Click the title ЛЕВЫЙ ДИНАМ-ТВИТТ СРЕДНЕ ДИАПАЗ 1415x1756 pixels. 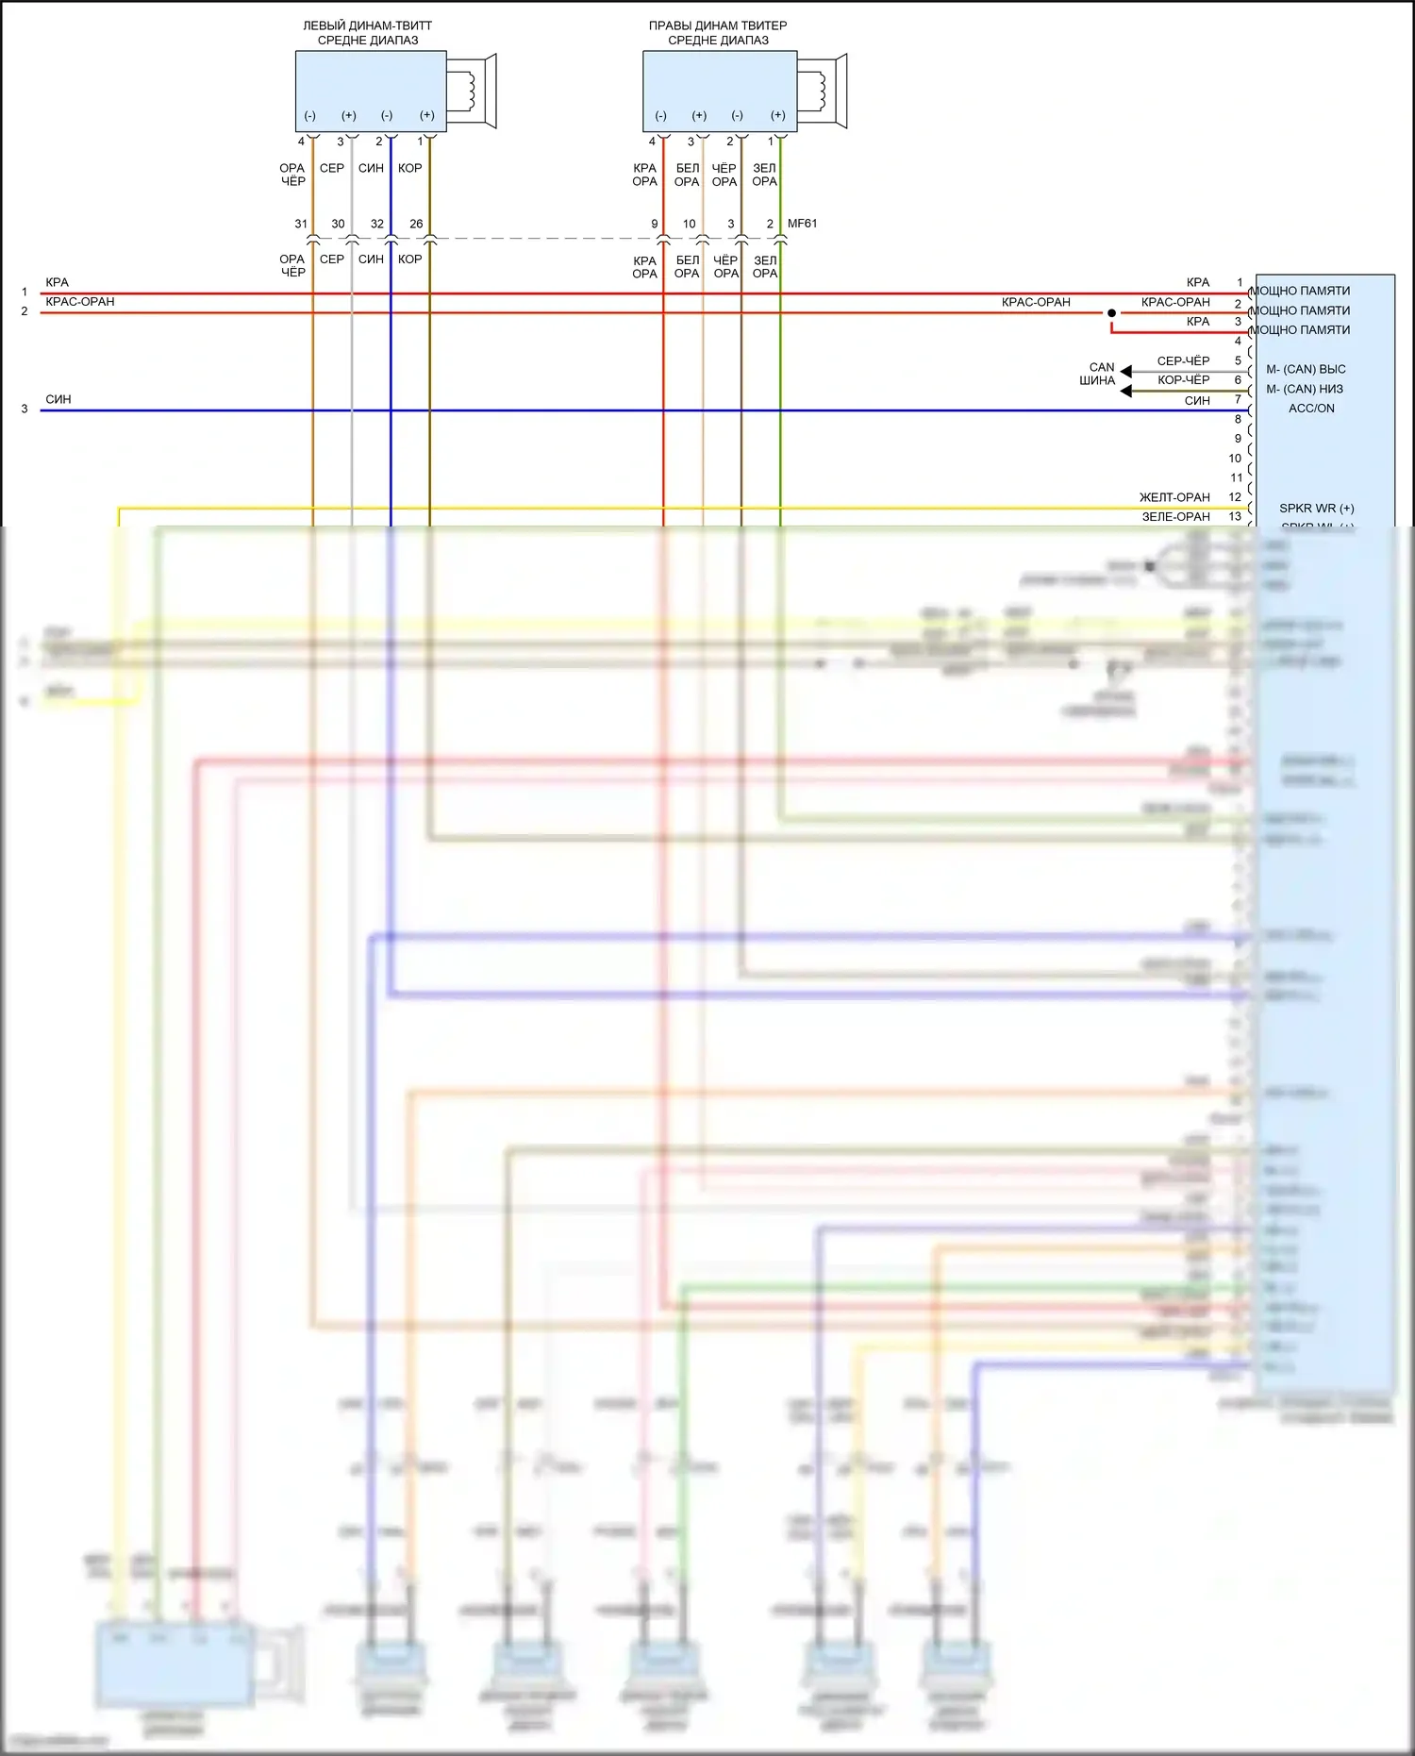368,33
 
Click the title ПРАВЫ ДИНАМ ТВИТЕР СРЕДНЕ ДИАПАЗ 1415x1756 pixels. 718,33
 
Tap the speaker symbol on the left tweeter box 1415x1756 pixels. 472,91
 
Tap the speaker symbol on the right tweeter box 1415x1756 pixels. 823,91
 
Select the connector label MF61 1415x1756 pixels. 802,224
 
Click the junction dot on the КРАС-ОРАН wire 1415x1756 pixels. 1111,313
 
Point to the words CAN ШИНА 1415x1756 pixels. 1099,374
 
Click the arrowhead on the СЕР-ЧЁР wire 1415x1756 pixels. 1125,371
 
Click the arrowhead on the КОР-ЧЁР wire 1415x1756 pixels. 1125,391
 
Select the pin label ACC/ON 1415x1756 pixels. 1311,409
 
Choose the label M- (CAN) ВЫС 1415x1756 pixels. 1306,369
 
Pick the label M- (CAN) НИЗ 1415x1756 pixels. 1305,389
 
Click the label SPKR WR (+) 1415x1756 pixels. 1316,509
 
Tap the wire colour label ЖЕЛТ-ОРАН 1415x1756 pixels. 1174,497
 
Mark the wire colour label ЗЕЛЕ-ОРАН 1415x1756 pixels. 1175,517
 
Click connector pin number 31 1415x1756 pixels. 301,225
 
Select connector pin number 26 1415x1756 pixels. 416,225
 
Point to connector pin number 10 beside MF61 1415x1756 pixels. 689,225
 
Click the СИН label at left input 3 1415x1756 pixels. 58,400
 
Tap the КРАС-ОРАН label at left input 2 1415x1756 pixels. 80,302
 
